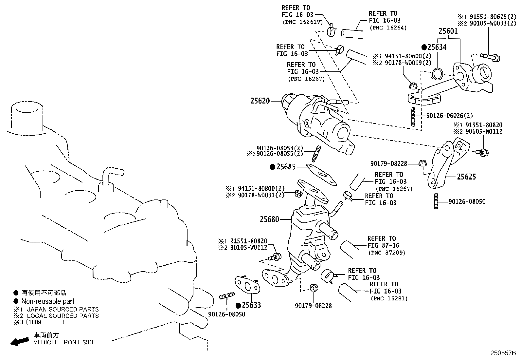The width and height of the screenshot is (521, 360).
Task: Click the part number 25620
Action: click(260, 101)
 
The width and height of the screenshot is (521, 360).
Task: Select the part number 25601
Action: click(448, 31)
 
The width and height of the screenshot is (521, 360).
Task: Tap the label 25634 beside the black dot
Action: click(437, 47)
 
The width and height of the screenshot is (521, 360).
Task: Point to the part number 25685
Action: click(286, 167)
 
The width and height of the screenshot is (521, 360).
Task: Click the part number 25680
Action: click(269, 219)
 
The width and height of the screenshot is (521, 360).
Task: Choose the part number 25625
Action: click(466, 177)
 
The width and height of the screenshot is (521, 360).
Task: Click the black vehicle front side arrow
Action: click(19, 342)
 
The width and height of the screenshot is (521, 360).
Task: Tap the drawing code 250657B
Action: click(503, 353)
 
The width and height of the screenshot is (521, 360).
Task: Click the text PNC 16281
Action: click(389, 298)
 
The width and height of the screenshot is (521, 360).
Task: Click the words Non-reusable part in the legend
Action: click(48, 301)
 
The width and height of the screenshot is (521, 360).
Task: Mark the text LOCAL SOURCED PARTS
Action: click(63, 316)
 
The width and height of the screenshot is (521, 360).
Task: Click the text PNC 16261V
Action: click(302, 22)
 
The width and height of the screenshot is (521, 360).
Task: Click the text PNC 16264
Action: click(388, 28)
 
